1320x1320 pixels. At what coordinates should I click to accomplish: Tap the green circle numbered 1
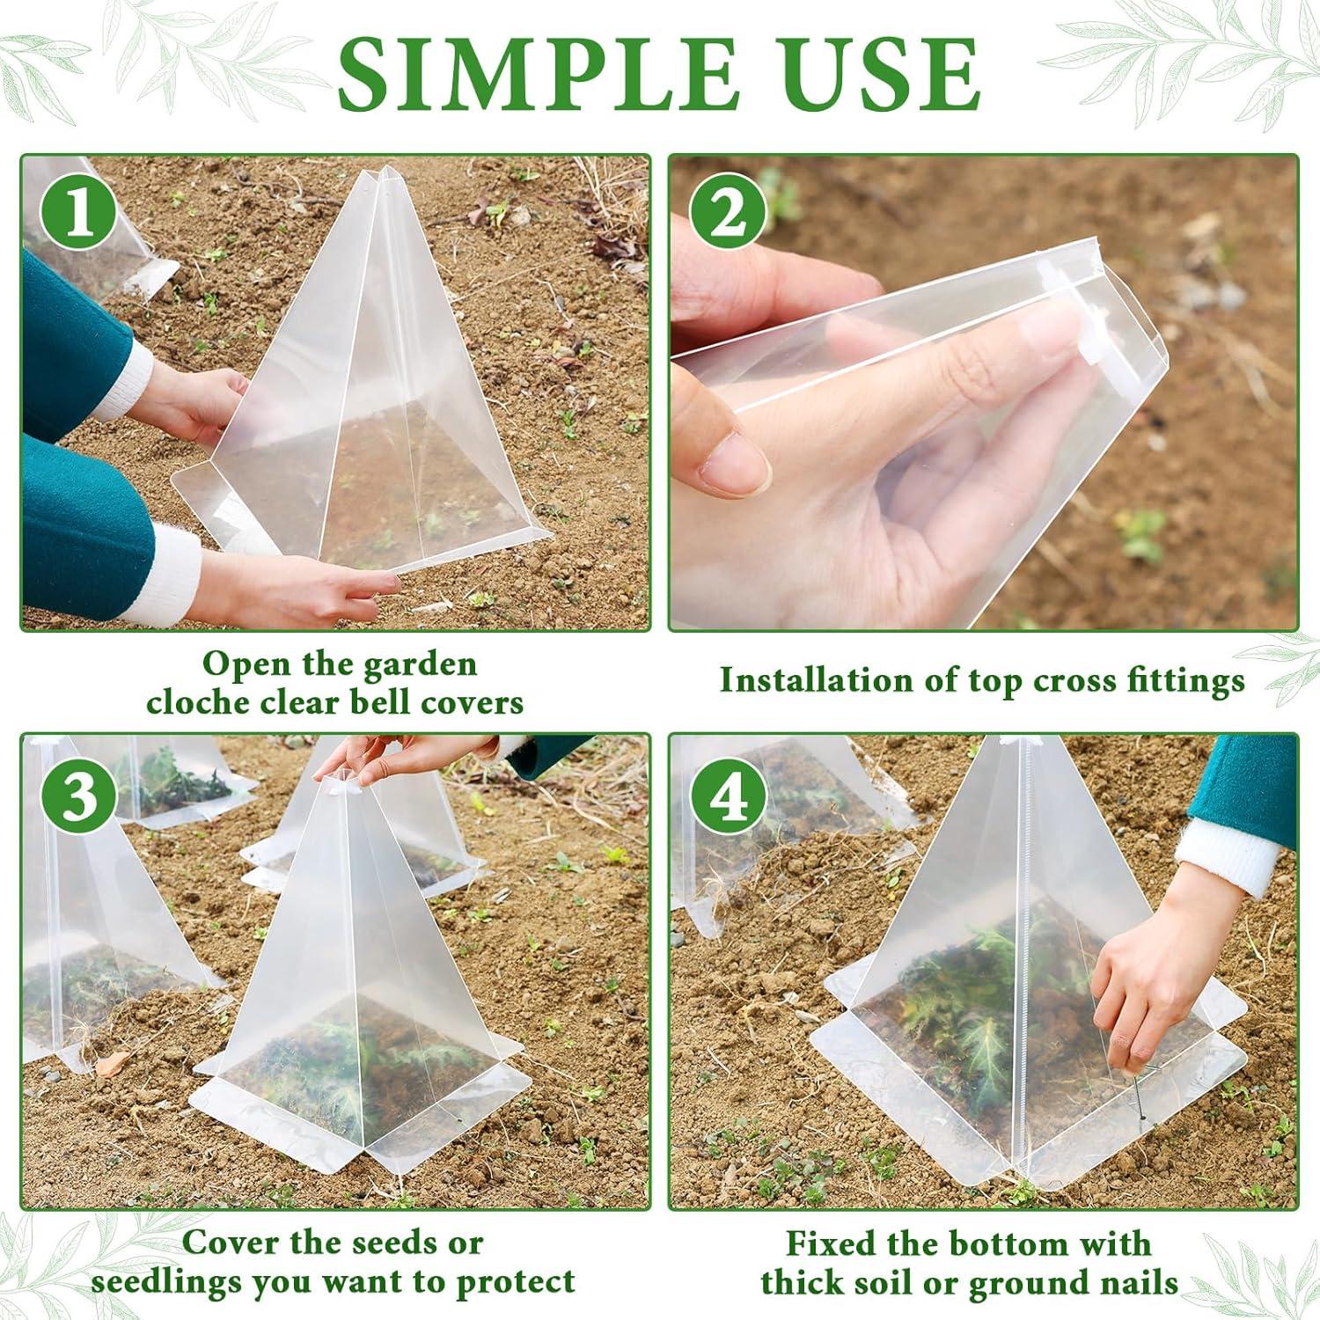[x=79, y=212]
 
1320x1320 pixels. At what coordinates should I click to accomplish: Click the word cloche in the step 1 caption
[x=198, y=702]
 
